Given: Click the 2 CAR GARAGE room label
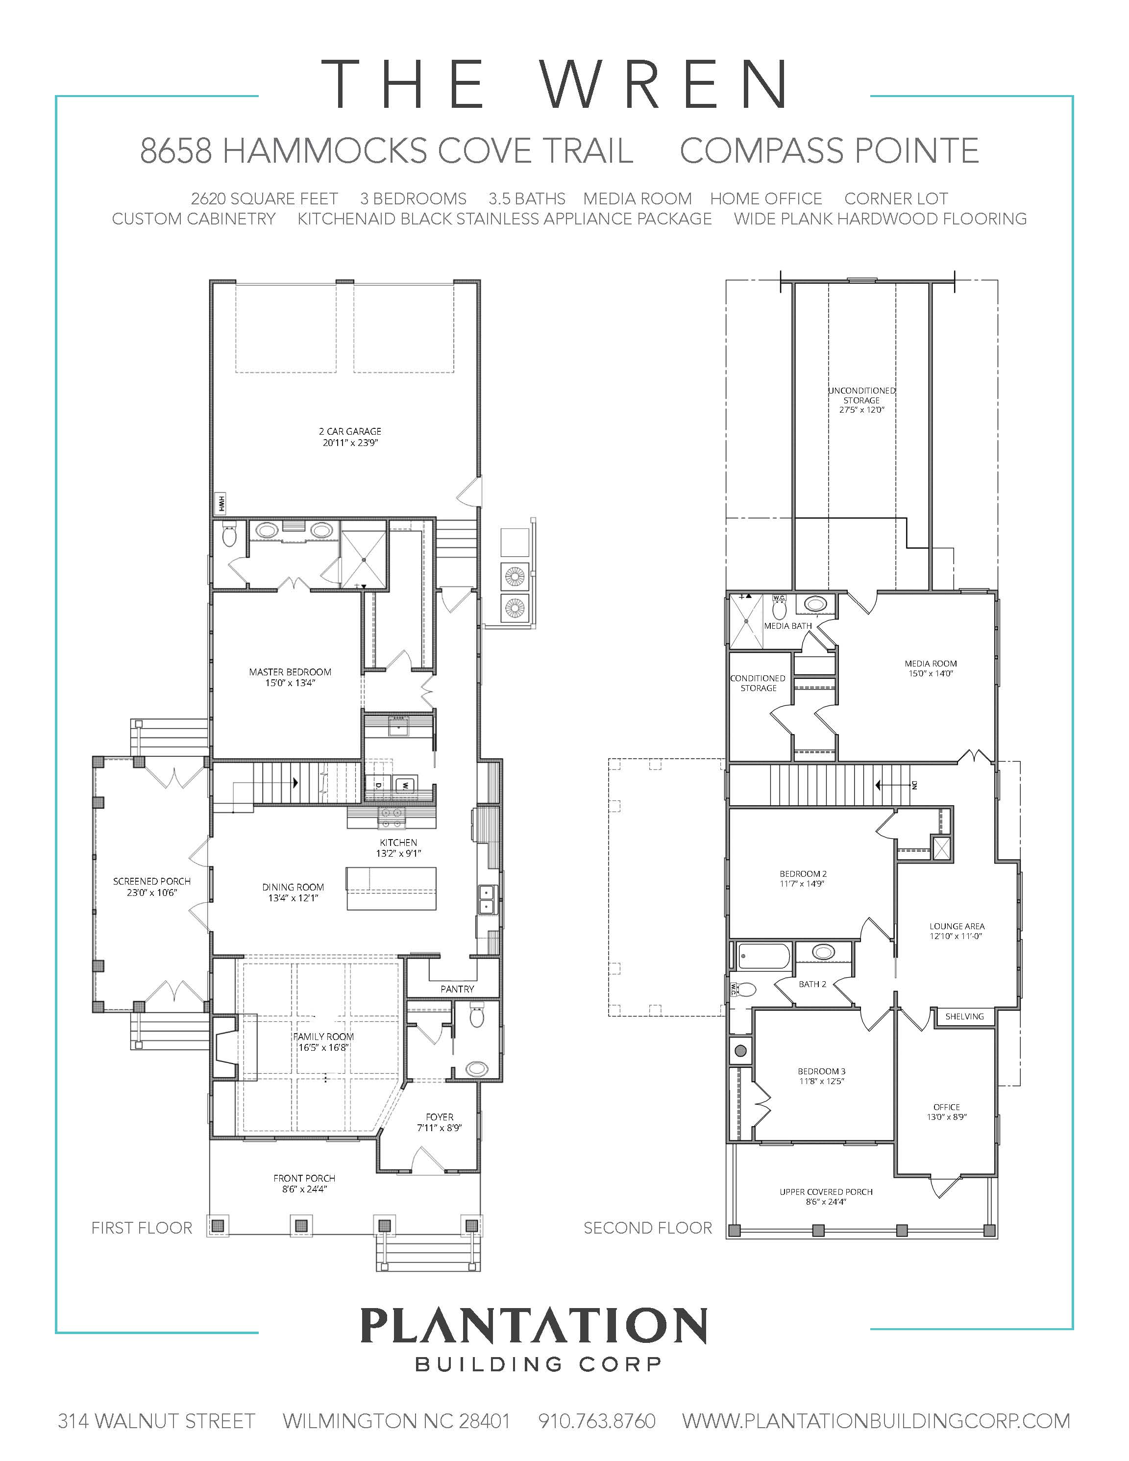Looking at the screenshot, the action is coord(350,431).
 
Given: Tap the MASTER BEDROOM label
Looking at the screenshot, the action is coord(290,671).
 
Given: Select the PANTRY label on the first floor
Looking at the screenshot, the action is coord(458,989).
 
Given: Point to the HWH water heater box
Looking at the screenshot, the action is coord(220,502).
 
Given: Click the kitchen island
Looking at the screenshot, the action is coord(391,889).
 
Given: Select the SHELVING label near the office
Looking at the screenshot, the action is coord(964,1016).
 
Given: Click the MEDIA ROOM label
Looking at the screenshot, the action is coord(931,664).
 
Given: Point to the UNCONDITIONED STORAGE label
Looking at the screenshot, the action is coord(861,396).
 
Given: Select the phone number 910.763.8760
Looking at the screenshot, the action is coord(597,1420).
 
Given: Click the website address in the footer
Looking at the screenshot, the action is coord(876,1420).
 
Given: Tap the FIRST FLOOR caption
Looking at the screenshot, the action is coord(142,1228).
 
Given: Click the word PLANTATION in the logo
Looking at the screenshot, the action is coord(534,1325).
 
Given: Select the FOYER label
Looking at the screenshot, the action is coord(440,1116).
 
